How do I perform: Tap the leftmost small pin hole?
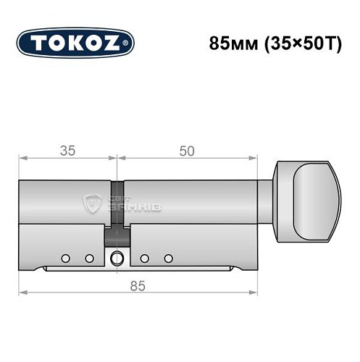(65, 258)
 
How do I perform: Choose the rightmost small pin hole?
(168, 258)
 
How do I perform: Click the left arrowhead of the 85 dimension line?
(22, 293)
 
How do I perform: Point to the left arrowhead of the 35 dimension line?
(22, 158)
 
